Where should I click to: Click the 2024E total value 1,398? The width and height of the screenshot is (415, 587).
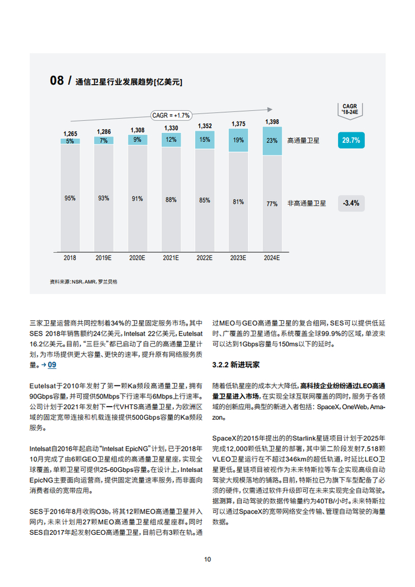pos(272,122)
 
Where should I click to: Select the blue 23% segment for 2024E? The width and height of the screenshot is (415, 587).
pos(272,141)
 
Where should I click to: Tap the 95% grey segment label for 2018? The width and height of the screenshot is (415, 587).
pos(70,199)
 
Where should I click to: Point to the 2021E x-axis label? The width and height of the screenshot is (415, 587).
pos(171,258)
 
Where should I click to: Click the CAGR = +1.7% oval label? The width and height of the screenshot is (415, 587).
pos(171,115)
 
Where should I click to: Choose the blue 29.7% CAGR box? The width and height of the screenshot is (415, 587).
pos(350,141)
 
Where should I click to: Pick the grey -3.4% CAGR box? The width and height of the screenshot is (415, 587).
pos(350,203)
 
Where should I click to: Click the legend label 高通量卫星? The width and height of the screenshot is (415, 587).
pos(303,141)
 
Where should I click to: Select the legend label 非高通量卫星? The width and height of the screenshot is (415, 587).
pos(307,203)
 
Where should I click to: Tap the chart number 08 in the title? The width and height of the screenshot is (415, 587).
pos(57,81)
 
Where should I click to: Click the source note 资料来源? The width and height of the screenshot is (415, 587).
pos(84,282)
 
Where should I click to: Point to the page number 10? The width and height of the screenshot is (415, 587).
pos(207,559)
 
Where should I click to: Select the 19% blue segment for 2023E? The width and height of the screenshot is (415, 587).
pos(238,141)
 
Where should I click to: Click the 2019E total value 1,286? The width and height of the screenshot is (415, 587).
pos(104,132)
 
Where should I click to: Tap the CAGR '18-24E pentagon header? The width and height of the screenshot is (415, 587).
pos(350,109)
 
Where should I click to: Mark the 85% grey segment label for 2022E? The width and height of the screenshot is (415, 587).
pos(205,200)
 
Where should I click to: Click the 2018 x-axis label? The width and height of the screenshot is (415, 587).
pos(70,258)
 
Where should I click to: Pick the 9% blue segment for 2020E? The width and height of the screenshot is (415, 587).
pos(138,140)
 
